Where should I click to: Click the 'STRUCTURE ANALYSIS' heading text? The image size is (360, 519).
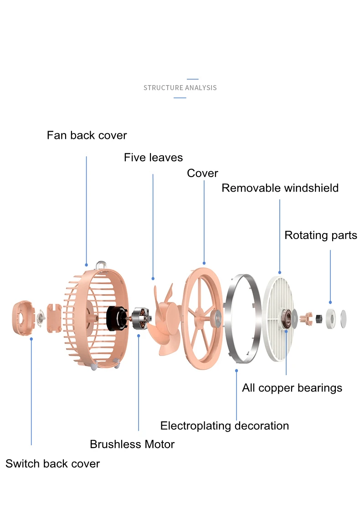click(180, 87)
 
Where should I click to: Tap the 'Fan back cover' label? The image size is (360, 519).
click(87, 135)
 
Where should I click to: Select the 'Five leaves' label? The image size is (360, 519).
click(153, 158)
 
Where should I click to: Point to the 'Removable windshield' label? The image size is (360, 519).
click(280, 188)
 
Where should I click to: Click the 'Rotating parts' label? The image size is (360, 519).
click(320, 235)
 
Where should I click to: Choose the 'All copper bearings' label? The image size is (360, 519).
click(292, 388)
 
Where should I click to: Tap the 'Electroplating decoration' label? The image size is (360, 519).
click(224, 426)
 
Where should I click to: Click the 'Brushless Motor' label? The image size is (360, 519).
click(132, 444)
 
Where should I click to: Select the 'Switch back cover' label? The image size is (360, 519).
click(52, 464)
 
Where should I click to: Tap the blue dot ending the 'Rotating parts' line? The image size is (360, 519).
click(330, 302)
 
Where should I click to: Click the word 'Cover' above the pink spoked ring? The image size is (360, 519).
click(202, 173)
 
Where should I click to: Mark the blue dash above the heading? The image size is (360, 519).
click(193, 79)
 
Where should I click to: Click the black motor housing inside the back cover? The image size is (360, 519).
click(116, 318)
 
